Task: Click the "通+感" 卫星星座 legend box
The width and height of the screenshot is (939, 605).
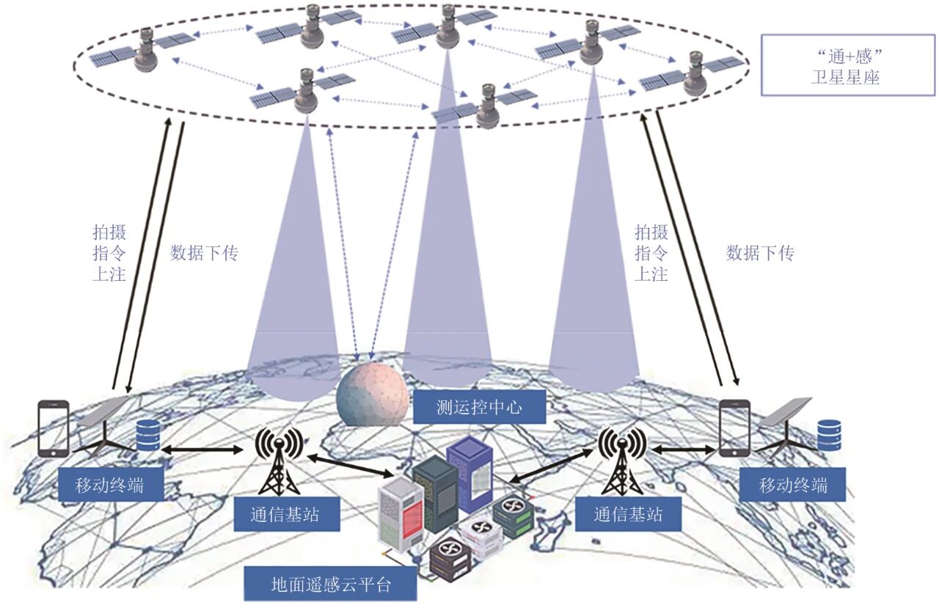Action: (x=847, y=65)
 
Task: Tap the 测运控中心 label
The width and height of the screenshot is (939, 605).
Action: (x=479, y=406)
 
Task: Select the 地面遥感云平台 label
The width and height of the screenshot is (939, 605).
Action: (x=331, y=584)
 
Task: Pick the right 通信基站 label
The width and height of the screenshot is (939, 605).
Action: (x=628, y=514)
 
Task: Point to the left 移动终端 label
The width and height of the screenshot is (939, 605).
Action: (x=109, y=485)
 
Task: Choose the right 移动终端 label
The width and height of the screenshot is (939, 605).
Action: (x=792, y=485)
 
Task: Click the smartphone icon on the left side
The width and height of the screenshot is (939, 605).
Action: (x=53, y=429)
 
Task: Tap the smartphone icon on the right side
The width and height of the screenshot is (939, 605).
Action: (x=734, y=428)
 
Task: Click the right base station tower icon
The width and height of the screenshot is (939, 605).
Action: (x=622, y=459)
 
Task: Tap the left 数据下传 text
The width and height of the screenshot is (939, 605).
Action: (x=204, y=254)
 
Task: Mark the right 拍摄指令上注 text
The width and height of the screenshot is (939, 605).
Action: (x=651, y=254)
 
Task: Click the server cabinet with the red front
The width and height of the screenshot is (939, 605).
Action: (x=401, y=516)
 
